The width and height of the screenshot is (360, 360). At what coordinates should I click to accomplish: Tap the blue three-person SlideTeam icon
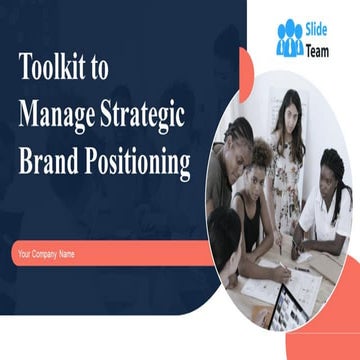(x=290, y=38)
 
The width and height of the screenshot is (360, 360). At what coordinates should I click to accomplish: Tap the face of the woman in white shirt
(x=330, y=170)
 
